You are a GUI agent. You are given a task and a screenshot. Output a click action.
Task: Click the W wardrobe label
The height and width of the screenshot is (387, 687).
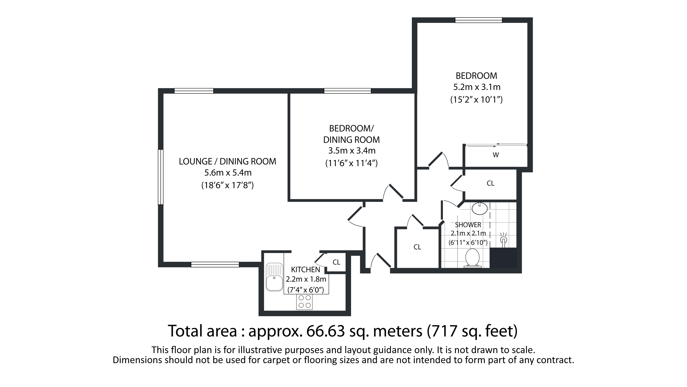[496, 155]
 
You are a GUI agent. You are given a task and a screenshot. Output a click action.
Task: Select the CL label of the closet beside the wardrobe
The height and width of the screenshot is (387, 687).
[491, 183]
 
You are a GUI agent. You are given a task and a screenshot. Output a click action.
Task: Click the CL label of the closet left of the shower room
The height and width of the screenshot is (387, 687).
[417, 247]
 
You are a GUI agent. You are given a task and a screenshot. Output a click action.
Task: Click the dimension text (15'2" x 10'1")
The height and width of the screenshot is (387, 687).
[476, 100]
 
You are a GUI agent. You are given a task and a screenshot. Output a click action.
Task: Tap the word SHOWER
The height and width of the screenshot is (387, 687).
[468, 225]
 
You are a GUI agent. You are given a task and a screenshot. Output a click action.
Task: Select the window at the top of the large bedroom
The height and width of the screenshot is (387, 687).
[478, 20]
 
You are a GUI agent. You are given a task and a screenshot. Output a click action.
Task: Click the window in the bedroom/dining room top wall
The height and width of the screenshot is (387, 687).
[347, 91]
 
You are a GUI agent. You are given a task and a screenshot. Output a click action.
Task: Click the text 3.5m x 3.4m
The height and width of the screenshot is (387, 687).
[352, 151]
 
